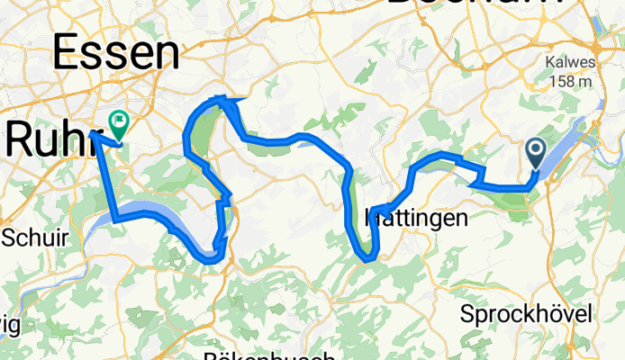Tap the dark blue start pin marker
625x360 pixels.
(535, 153)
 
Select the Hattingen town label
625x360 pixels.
(416, 218)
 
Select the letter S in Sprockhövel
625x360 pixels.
(466, 314)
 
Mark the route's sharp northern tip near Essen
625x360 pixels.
(221, 97)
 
